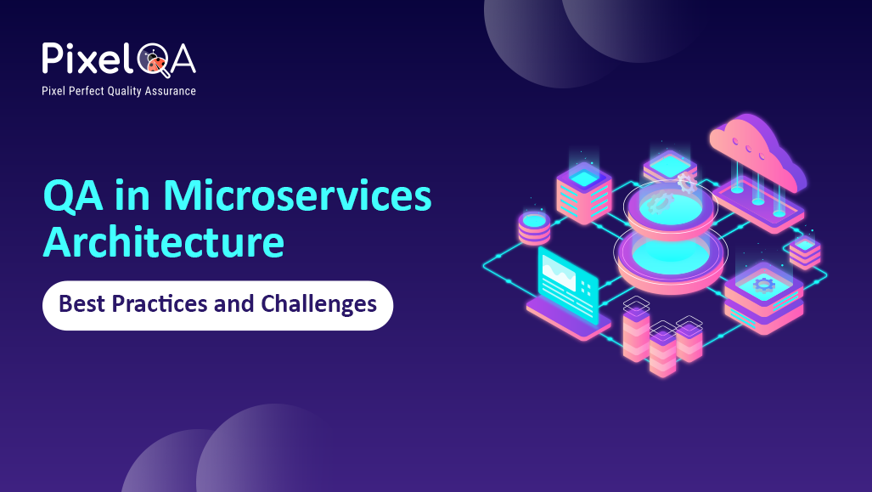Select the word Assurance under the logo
170,91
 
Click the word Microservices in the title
297,196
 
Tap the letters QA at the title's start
73,196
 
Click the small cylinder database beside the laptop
533,228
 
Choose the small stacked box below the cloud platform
804,252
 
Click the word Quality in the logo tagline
127,91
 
